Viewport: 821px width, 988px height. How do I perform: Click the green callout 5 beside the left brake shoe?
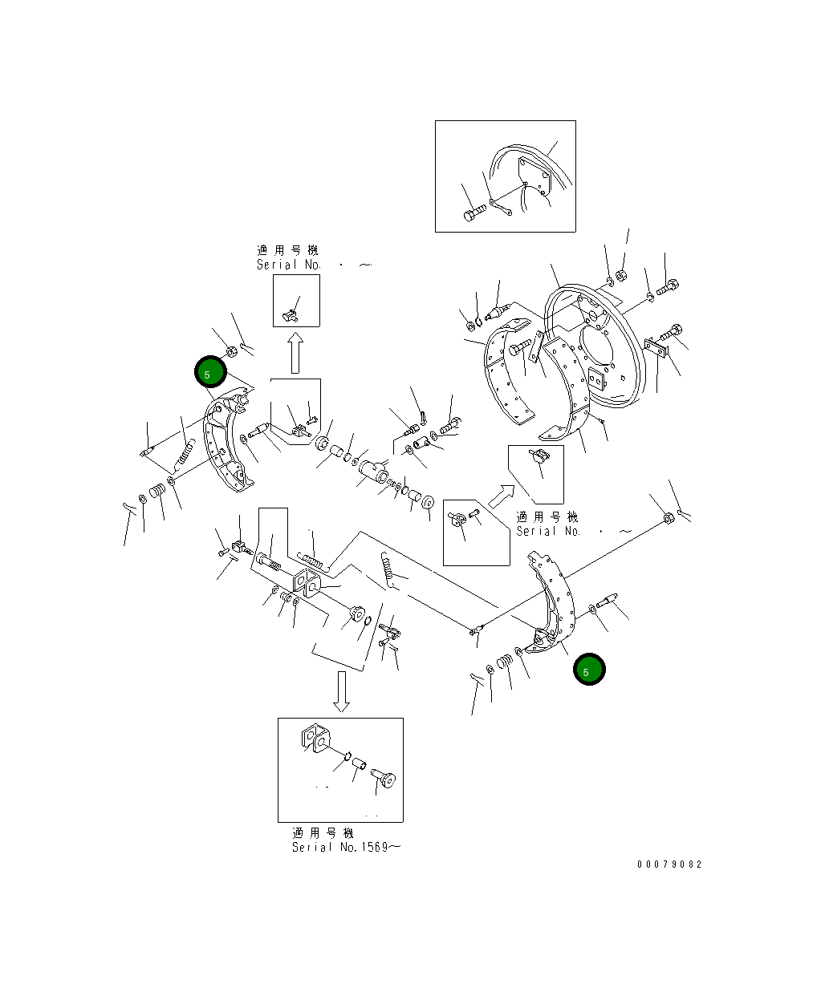[x=210, y=372]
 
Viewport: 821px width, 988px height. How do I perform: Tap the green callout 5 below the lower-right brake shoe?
[x=589, y=670]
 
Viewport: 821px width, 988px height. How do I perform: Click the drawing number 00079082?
[x=669, y=864]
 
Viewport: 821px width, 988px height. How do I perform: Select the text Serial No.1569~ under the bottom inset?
[x=344, y=848]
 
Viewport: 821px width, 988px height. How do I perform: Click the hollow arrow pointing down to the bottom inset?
[x=342, y=691]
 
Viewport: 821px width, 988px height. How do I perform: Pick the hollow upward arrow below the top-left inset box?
[x=295, y=353]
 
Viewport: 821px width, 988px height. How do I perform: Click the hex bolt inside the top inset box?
[x=473, y=214]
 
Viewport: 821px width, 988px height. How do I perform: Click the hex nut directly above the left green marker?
[x=229, y=350]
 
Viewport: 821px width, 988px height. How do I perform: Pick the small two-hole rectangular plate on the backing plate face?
[x=596, y=377]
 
